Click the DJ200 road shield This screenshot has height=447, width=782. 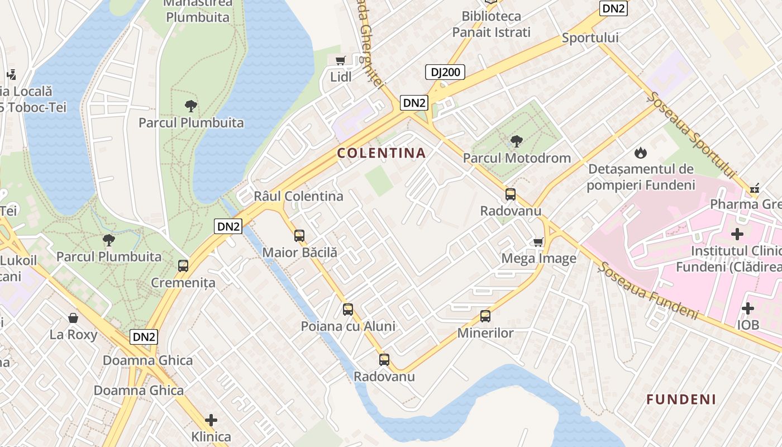[x=445, y=72]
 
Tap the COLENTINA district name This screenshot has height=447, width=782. [x=382, y=153]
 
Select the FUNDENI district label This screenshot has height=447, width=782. [x=681, y=399]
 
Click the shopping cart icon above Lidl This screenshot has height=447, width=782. [x=340, y=60]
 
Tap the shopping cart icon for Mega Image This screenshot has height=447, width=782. [x=538, y=242]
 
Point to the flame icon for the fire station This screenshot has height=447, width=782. [x=640, y=152]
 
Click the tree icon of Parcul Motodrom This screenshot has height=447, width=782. [x=517, y=141]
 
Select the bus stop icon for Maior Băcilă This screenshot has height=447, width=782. [x=299, y=235]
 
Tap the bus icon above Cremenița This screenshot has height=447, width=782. [x=183, y=265]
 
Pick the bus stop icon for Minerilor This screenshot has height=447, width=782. [x=485, y=316]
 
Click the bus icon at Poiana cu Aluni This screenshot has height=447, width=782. [x=348, y=309]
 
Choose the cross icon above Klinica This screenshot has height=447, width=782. [x=211, y=420]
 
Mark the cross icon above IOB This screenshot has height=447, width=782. [x=747, y=308]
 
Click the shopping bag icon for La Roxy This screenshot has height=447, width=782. [x=73, y=318]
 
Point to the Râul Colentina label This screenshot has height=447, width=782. [x=298, y=196]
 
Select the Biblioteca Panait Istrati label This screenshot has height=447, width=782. [x=491, y=25]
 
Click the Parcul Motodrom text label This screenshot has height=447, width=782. [x=517, y=158]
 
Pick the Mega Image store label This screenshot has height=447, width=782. [x=538, y=259]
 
